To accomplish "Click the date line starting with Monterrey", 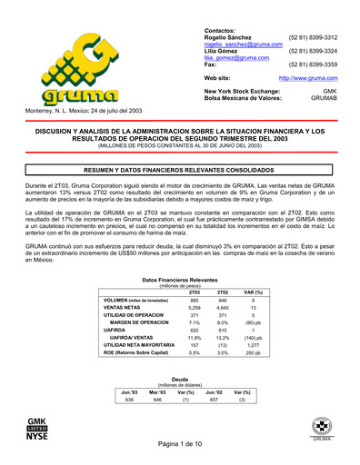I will pos(79,111).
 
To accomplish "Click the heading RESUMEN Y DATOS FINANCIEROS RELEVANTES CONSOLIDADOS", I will pos(180,170).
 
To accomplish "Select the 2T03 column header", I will pos(194,292).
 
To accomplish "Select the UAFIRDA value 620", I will pos(194,328).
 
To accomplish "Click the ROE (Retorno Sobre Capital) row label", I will pos(134,354).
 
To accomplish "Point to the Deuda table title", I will pos(180,379).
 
